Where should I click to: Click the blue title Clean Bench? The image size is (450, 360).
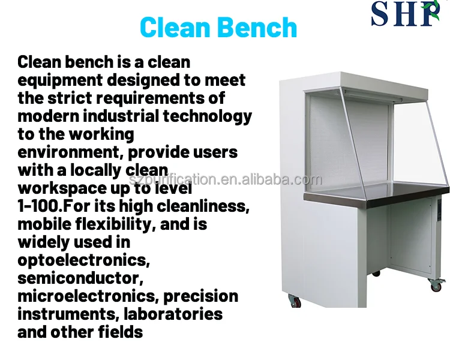pos(218,28)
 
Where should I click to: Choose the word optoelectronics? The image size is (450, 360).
pos(83,260)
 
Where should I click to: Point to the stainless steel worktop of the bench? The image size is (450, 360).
pos(372,198)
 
